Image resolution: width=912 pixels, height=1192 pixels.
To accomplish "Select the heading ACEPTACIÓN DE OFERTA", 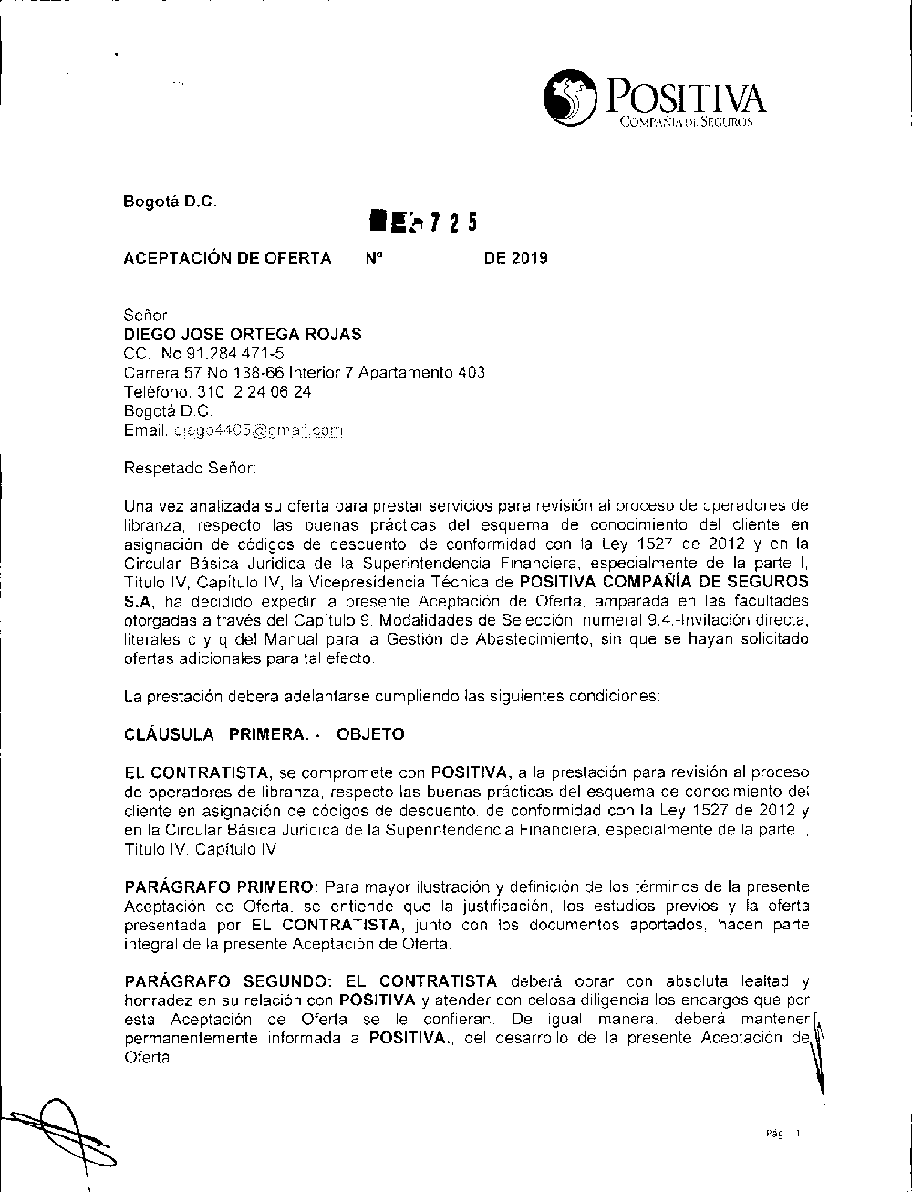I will tap(227, 258).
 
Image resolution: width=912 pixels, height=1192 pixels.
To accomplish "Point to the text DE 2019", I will tap(515, 258).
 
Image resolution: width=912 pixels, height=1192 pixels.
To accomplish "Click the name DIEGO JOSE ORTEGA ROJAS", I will tap(242, 335).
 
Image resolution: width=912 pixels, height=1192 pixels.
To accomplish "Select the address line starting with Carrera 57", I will tap(304, 373).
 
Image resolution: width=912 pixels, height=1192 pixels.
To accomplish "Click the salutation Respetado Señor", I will tap(190, 469).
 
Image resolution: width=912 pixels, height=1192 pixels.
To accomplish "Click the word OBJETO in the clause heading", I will tap(370, 734).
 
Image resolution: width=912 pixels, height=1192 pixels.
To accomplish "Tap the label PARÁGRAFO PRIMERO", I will tap(221, 887).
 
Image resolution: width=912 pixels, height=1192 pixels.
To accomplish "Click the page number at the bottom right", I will tap(783, 1135).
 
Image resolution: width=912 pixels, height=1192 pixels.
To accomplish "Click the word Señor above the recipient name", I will tap(145, 316).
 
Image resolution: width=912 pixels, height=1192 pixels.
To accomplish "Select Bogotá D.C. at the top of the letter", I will tap(170, 202).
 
